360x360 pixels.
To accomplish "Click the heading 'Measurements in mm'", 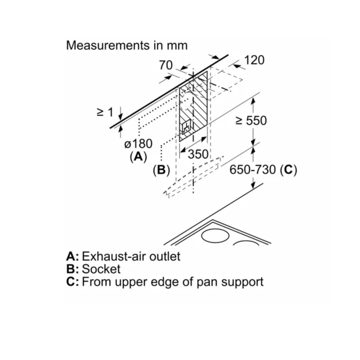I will [127, 45].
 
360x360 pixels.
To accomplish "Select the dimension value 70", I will [166, 65].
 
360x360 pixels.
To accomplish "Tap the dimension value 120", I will [254, 60].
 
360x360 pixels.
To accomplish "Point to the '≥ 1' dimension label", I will [105, 112].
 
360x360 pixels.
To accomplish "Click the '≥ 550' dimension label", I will [251, 120].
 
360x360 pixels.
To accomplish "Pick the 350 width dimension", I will [198, 154].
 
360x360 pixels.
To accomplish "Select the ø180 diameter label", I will [138, 144].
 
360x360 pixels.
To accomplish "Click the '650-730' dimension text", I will [253, 170].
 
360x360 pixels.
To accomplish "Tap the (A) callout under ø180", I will [138, 156].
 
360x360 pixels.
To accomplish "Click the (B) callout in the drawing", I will [161, 170].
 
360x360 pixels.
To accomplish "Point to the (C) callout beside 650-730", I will [288, 170].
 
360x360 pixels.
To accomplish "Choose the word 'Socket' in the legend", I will [101, 269].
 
